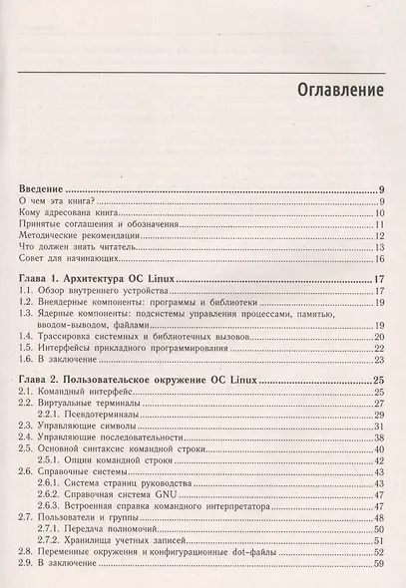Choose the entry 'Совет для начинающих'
pos(76,259)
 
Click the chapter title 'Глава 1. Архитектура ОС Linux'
pos(109,280)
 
